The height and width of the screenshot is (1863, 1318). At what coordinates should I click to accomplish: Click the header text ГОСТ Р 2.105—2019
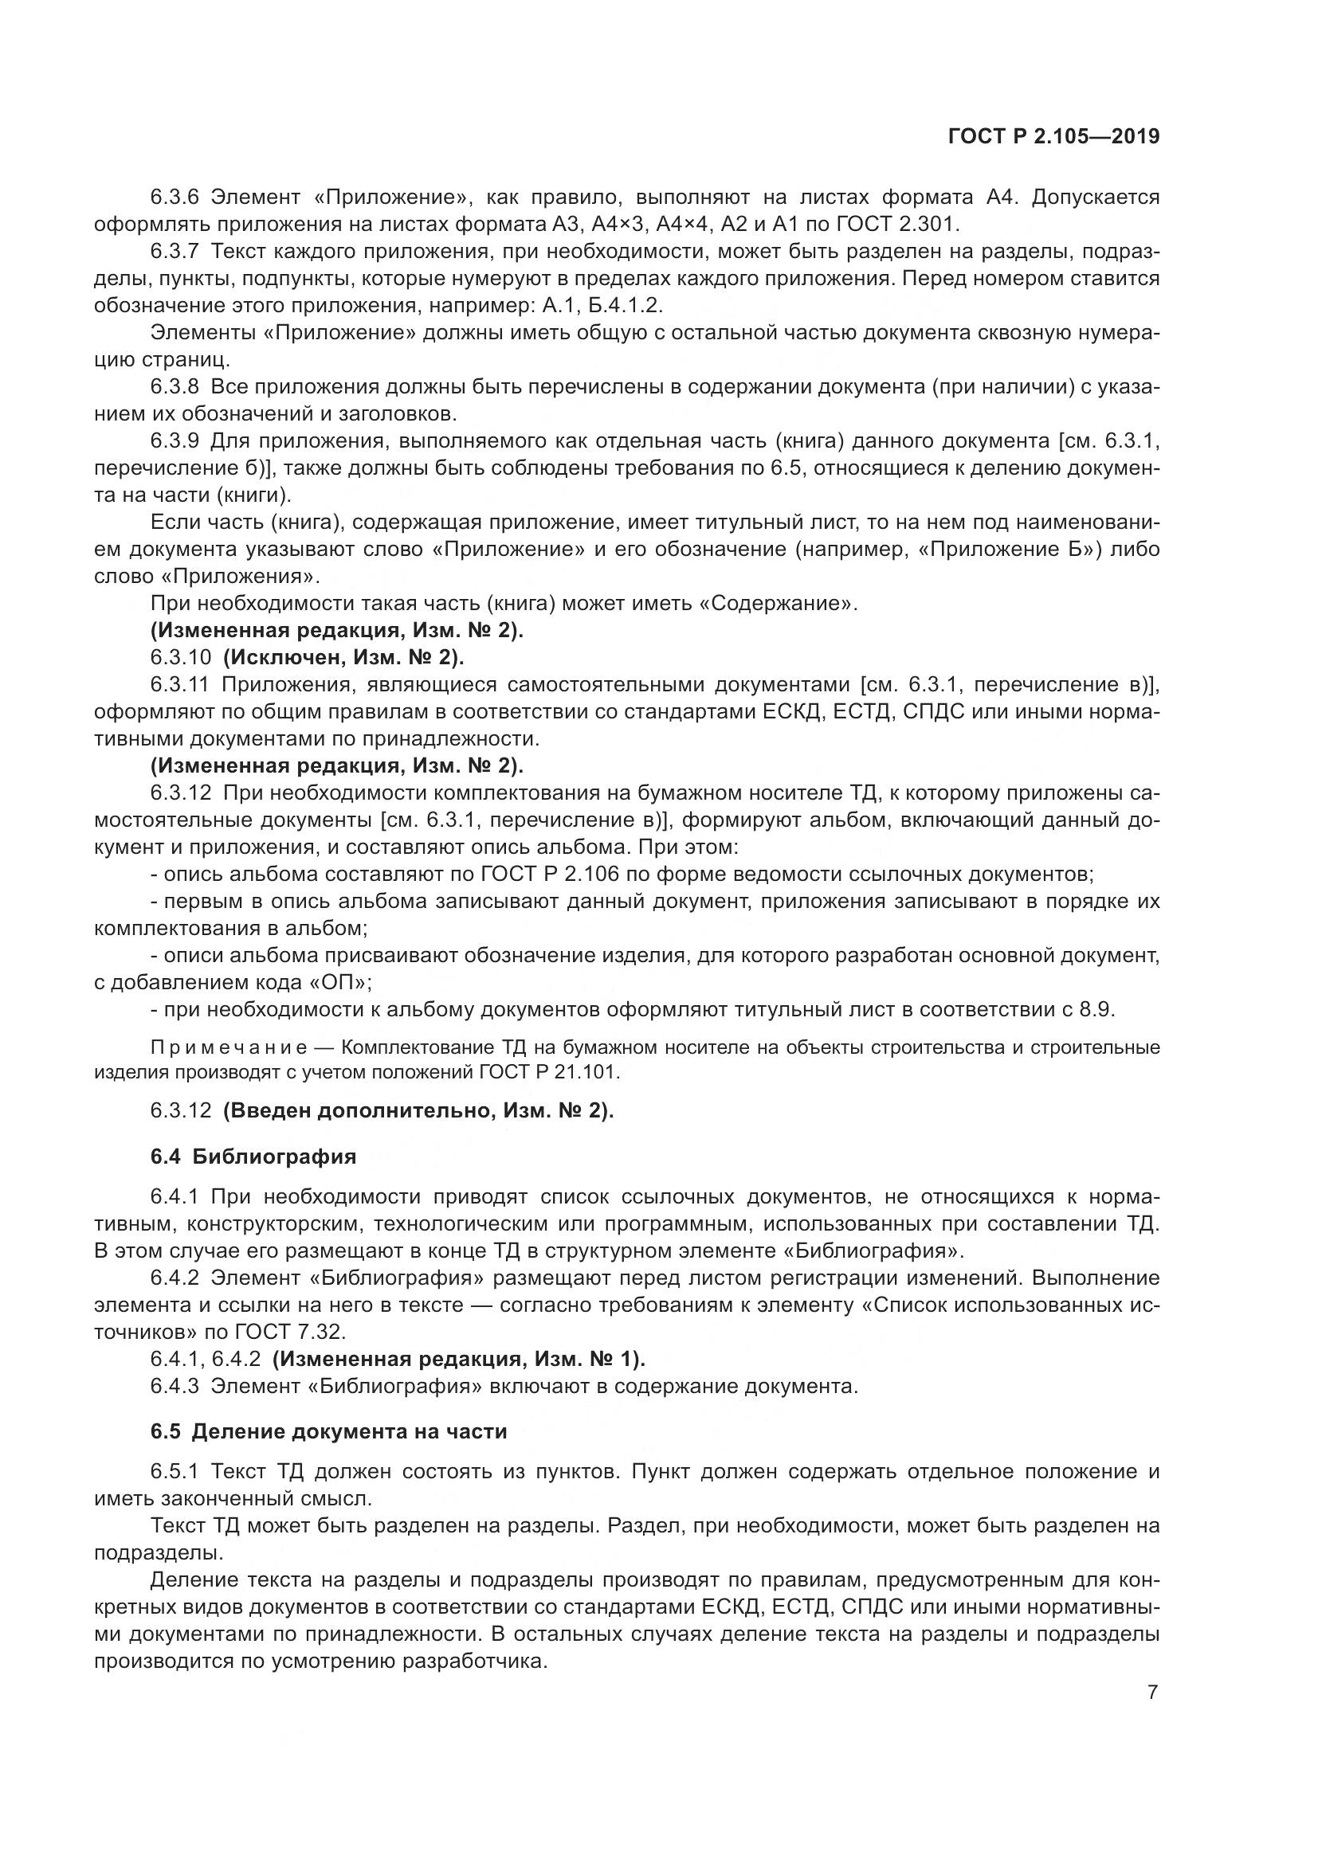click(x=1053, y=136)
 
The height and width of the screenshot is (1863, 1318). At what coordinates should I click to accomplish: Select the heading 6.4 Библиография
click(x=253, y=1157)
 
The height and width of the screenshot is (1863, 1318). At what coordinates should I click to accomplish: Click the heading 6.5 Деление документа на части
click(x=328, y=1431)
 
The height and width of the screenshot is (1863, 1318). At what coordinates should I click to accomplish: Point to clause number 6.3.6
click(x=175, y=198)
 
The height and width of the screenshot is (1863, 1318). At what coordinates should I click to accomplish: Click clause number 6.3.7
click(x=175, y=252)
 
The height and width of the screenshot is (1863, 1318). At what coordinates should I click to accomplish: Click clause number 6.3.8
click(x=175, y=387)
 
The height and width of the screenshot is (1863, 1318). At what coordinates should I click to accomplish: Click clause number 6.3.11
click(x=180, y=685)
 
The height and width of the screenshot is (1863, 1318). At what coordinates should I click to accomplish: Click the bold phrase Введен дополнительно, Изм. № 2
click(x=419, y=1110)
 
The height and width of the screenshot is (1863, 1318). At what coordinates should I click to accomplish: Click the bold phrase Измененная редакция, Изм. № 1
click(x=458, y=1359)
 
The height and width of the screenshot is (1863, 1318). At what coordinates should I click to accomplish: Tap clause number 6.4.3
click(x=175, y=1386)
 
